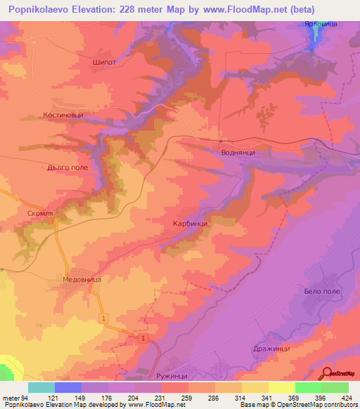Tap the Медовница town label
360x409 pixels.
(x=82, y=279)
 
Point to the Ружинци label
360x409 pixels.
(x=172, y=376)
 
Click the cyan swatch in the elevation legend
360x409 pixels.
(x=41, y=387)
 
